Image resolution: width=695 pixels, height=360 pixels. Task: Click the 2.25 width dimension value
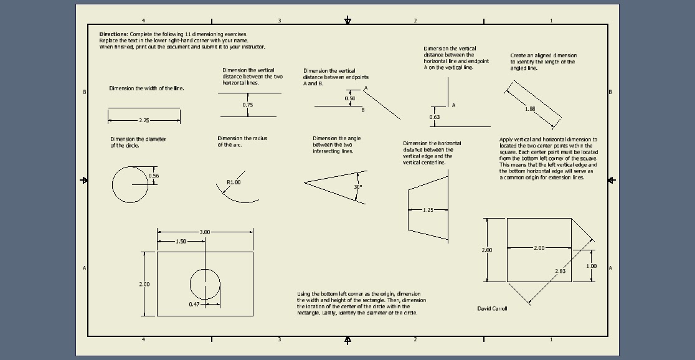[144, 120]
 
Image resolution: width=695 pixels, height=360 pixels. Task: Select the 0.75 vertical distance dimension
[248, 105]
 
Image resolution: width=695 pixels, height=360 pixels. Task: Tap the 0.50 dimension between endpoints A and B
[350, 98]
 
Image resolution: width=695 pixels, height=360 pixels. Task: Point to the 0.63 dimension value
[434, 117]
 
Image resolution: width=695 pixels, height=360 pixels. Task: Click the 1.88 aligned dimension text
[530, 109]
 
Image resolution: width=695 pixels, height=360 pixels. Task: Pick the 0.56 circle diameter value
[154, 176]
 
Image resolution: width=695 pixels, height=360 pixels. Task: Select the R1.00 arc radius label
[234, 182]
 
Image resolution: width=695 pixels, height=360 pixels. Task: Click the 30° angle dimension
[357, 187]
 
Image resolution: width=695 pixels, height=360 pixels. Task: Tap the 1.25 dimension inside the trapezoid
[428, 211]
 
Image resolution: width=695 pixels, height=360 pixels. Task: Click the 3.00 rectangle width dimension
[204, 232]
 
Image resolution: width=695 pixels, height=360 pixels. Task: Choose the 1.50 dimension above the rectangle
[181, 241]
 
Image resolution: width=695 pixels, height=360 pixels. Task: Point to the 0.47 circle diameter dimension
[194, 304]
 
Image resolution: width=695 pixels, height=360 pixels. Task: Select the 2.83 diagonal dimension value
[560, 271]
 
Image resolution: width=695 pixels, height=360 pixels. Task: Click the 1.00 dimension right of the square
[592, 266]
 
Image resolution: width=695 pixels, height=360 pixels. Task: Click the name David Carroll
[492, 308]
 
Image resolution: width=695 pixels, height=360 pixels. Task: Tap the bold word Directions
[113, 34]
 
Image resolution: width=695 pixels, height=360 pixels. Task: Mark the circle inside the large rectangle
[205, 284]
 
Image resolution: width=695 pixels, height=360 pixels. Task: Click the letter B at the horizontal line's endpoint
[363, 110]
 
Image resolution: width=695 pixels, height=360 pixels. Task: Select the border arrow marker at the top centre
[347, 21]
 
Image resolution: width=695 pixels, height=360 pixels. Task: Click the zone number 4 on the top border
[143, 21]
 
